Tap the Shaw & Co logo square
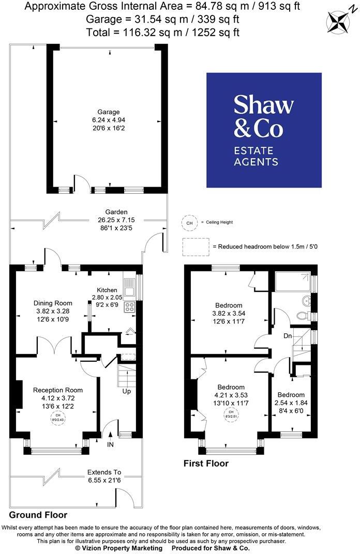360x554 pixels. tap(264, 130)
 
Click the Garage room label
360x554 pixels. tap(109, 112)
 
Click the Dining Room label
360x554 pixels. tap(53, 303)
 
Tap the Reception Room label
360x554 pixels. tap(58, 390)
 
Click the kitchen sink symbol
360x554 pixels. tap(129, 287)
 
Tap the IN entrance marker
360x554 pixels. tap(110, 444)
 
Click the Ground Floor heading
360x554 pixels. tap(38, 515)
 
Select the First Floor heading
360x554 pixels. tap(205, 464)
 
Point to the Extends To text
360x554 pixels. tap(104, 472)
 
